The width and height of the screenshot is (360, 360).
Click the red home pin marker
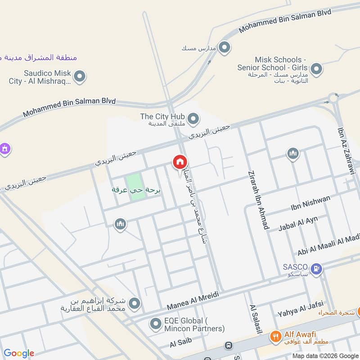pos(180,162)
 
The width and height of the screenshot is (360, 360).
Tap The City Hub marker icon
pos(193,119)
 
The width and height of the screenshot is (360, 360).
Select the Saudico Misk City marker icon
pos(80,76)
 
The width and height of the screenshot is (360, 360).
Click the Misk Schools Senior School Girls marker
pos(317,69)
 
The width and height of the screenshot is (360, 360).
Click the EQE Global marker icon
pos(156,324)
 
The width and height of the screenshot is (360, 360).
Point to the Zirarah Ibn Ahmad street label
pos(259,200)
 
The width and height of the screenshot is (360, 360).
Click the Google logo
pos(19,353)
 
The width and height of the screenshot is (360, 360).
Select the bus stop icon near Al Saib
pos(228,346)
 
